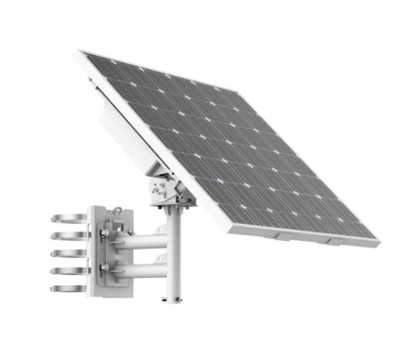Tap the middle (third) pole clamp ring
coord(65,255)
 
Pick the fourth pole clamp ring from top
coord(65,270)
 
